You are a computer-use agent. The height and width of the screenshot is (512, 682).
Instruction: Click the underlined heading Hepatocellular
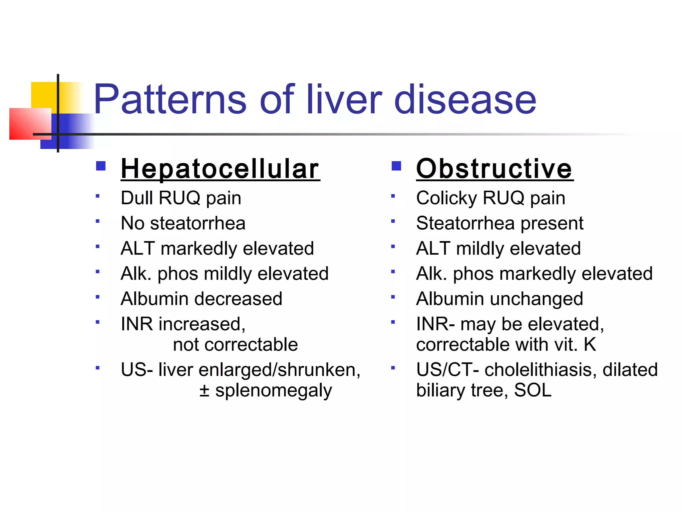pyautogui.click(x=220, y=169)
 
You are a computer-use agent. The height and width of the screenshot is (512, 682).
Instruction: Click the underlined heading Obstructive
pyautogui.click(x=495, y=169)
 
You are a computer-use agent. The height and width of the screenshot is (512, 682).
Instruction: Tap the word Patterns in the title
pyautogui.click(x=170, y=99)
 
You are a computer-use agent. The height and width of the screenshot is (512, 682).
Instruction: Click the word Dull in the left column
pyautogui.click(x=137, y=198)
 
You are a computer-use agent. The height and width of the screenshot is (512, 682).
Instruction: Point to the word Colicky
pyautogui.click(x=446, y=198)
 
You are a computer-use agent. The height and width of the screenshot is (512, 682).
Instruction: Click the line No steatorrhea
pyautogui.click(x=183, y=223)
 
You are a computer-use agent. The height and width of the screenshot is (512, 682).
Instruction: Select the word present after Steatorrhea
pyautogui.click(x=552, y=224)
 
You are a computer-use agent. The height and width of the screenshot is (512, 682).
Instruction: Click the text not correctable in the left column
pyautogui.click(x=235, y=344)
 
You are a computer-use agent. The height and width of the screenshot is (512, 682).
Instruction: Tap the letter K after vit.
pyautogui.click(x=590, y=344)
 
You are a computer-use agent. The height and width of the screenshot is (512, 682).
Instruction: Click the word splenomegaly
pyautogui.click(x=273, y=391)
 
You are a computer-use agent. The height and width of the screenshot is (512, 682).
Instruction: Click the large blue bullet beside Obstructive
pyautogui.click(x=396, y=166)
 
